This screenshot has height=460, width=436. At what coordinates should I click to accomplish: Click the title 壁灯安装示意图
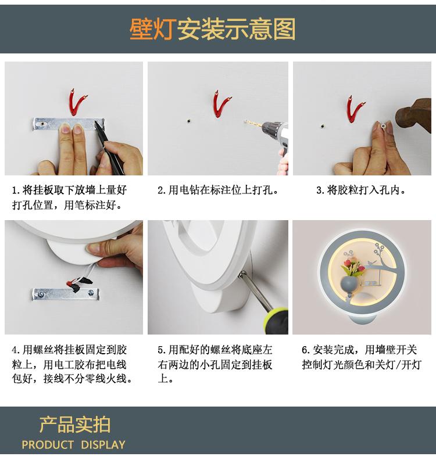point(212,29)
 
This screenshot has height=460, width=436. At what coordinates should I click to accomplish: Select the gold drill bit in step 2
point(253,123)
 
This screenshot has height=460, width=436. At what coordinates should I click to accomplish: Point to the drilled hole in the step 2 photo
point(188,121)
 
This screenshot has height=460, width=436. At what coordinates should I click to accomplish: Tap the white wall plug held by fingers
point(384,125)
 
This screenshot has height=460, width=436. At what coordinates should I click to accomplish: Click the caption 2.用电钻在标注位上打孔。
point(218,191)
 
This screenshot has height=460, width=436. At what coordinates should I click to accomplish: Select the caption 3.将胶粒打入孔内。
point(362,191)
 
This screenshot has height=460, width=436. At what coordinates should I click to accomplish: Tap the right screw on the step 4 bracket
point(91,293)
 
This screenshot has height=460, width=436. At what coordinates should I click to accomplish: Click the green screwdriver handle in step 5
point(277,321)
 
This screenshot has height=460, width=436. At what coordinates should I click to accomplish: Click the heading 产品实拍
point(75,425)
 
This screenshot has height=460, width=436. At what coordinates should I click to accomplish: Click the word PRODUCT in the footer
point(48,445)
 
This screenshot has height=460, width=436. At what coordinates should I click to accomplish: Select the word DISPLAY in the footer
point(103,445)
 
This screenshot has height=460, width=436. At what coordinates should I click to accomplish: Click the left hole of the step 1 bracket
point(44,124)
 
